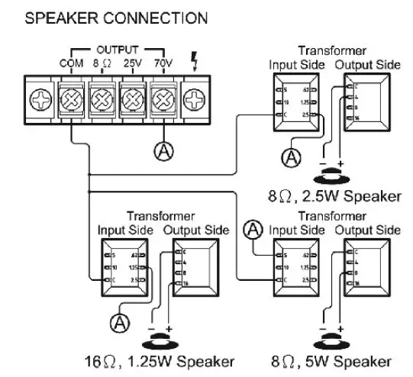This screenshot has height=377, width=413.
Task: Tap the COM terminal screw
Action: click(x=71, y=99)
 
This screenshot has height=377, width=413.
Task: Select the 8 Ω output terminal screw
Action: click(x=102, y=99)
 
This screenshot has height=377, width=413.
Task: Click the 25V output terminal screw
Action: click(x=133, y=99)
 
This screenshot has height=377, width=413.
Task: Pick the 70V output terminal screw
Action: click(x=163, y=99)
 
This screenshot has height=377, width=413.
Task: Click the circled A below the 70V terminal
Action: click(x=163, y=150)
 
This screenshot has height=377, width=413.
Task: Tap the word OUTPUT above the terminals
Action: click(x=115, y=47)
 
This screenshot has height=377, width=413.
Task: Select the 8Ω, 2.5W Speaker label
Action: click(x=334, y=196)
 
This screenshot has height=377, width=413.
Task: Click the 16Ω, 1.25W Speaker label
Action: click(x=159, y=361)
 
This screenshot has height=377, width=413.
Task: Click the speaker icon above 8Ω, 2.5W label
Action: click(x=334, y=175)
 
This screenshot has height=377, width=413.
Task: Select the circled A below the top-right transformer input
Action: click(x=290, y=158)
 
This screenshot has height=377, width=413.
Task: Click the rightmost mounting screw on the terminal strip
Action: click(x=195, y=99)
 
